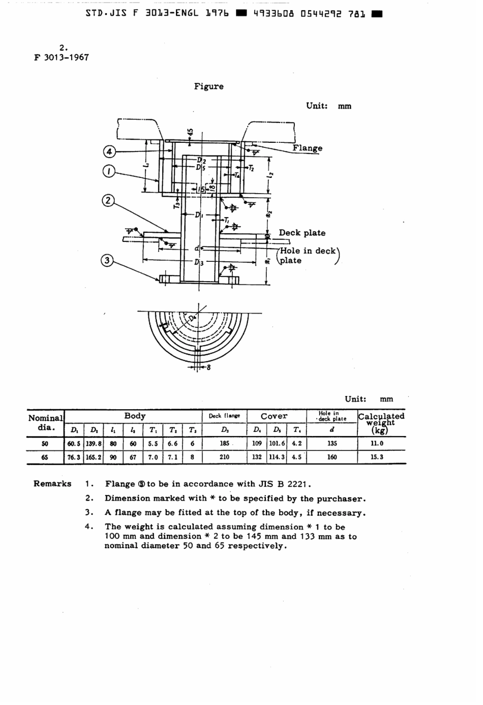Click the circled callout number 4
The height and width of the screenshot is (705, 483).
pos(109,151)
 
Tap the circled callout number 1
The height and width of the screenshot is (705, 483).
pos(109,172)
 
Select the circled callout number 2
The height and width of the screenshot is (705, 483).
pos(108,200)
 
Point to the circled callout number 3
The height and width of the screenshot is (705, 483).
pos(107,261)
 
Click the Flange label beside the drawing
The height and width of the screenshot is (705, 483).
pos(307,148)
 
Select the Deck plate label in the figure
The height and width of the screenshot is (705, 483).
pos(302,233)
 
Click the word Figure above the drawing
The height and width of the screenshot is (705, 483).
pos(208,86)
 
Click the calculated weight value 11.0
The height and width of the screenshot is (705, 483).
pos(377,443)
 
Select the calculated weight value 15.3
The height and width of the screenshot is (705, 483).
pos(377,457)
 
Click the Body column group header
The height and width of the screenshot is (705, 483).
pos(135,416)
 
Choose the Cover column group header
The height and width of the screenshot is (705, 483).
pos(274,416)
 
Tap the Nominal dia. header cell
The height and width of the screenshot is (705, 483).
pos(46,422)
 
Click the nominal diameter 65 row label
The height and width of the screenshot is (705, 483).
pos(45,457)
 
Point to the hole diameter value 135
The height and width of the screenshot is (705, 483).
pos(332,443)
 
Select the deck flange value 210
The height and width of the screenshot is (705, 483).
pos(224,457)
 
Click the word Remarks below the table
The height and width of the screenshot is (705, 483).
pos(52,483)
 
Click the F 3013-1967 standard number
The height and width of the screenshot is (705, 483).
pos(62,57)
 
